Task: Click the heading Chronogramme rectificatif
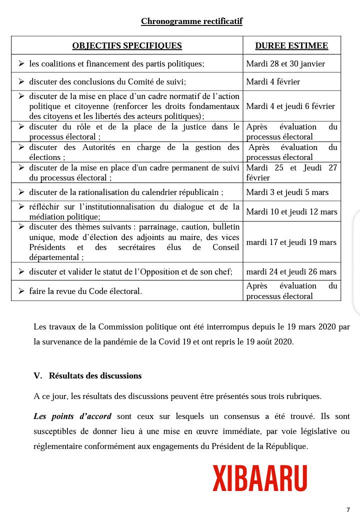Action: pos(191,21)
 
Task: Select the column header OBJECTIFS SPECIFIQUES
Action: pos(127,46)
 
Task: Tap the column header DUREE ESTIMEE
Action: pos(291,46)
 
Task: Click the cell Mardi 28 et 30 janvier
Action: pos(285,63)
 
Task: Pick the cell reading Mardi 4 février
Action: pos(273,81)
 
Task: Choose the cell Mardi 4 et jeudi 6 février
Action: pos(290,106)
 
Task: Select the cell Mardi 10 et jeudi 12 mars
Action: pos(291,212)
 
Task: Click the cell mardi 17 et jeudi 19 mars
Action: pos(291,242)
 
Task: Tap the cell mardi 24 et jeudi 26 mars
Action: pos(291,272)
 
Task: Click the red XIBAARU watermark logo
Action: pos(259,478)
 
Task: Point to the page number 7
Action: pos(348,510)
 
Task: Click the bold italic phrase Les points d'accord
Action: pos(72,416)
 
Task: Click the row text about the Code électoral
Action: pos(85,291)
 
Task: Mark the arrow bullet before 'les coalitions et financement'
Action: pos(21,63)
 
